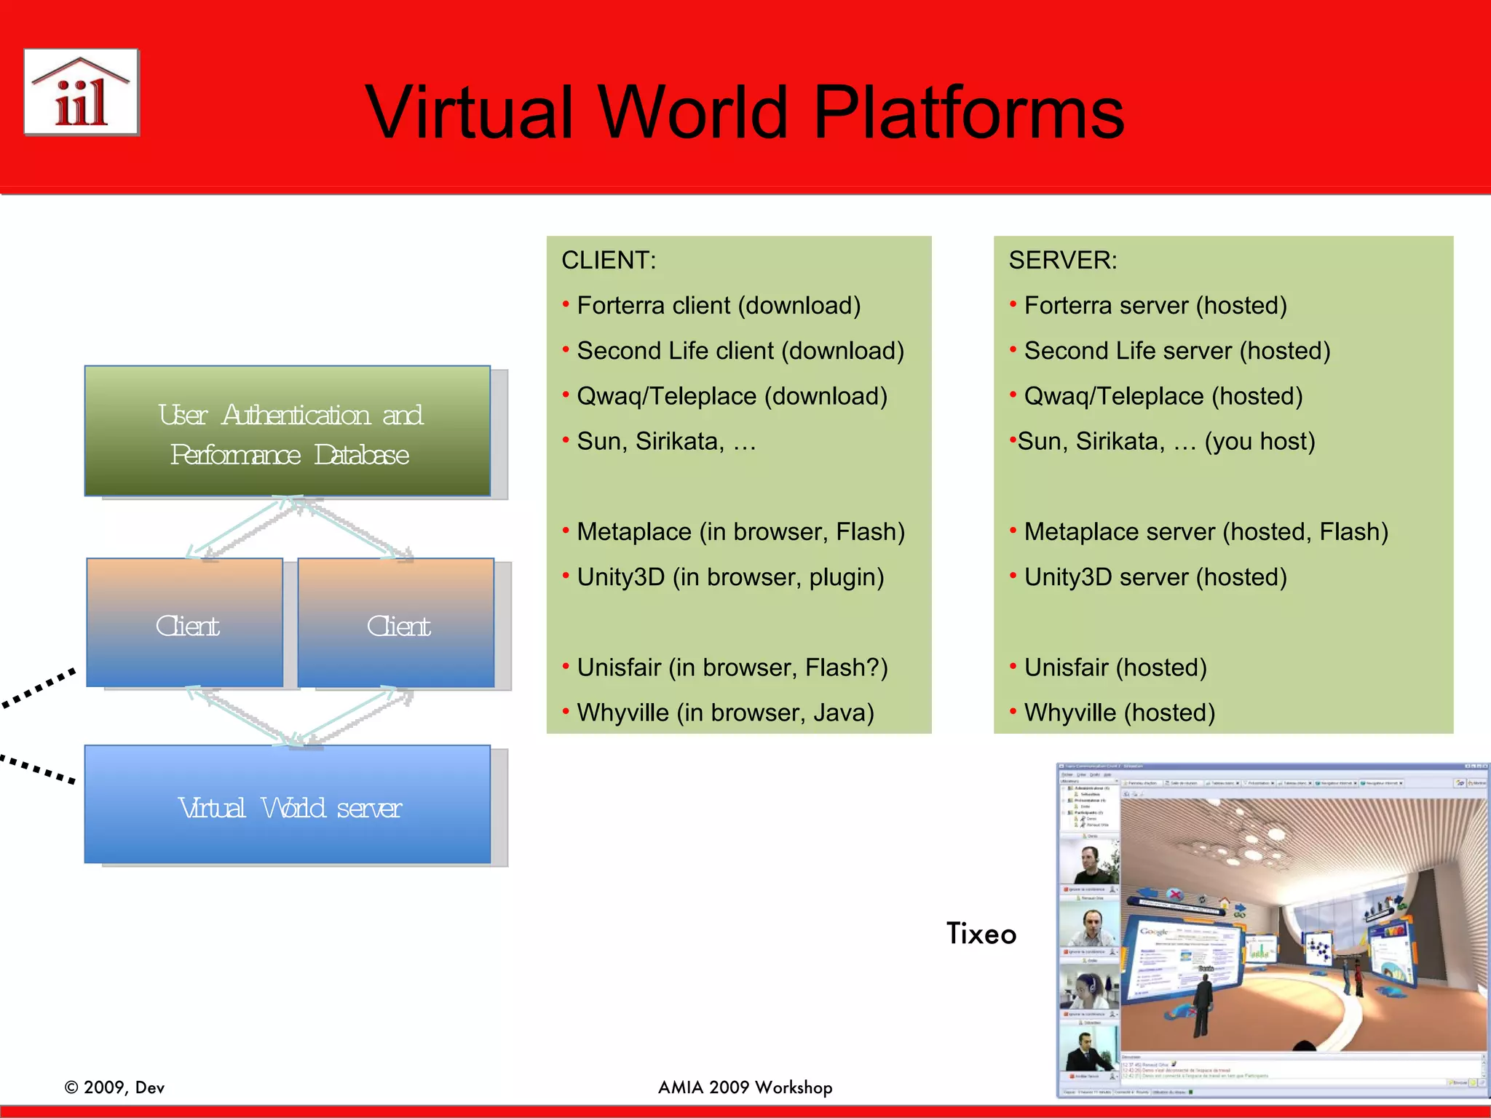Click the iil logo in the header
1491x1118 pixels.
(x=82, y=92)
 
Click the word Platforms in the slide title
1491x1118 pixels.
(x=968, y=113)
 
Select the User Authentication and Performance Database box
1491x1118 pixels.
(x=288, y=432)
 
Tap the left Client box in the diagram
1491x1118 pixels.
(x=185, y=624)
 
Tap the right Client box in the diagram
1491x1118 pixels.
(x=396, y=624)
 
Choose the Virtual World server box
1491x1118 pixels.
(x=288, y=806)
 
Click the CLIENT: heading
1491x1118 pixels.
(x=609, y=261)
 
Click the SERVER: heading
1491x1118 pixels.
(x=1062, y=261)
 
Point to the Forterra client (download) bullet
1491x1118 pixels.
(x=718, y=306)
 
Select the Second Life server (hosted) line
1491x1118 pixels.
(x=1176, y=351)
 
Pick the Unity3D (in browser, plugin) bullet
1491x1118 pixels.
(x=729, y=577)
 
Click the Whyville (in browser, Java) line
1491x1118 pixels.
(x=724, y=713)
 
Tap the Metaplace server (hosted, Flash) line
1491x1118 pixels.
(x=1206, y=532)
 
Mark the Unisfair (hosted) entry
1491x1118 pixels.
(x=1115, y=667)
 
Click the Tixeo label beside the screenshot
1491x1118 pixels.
(x=981, y=934)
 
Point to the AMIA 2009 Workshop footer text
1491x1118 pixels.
(x=745, y=1087)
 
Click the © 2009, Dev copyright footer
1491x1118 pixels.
(x=115, y=1087)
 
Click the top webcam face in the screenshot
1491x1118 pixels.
(x=1089, y=864)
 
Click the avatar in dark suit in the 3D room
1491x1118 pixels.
(x=1203, y=1004)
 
